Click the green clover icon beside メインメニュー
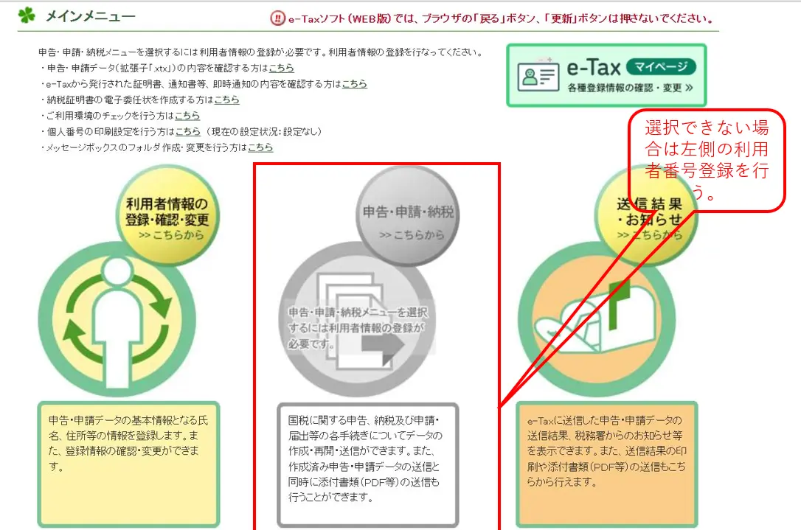[x=27, y=16]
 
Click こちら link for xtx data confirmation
[x=281, y=68]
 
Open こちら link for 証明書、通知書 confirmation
[x=354, y=84]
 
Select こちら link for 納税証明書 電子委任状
[x=226, y=100]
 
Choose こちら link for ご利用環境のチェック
[x=187, y=116]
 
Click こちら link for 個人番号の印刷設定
[x=187, y=131]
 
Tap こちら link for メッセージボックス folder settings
[x=260, y=147]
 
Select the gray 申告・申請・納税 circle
[x=407, y=216]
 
